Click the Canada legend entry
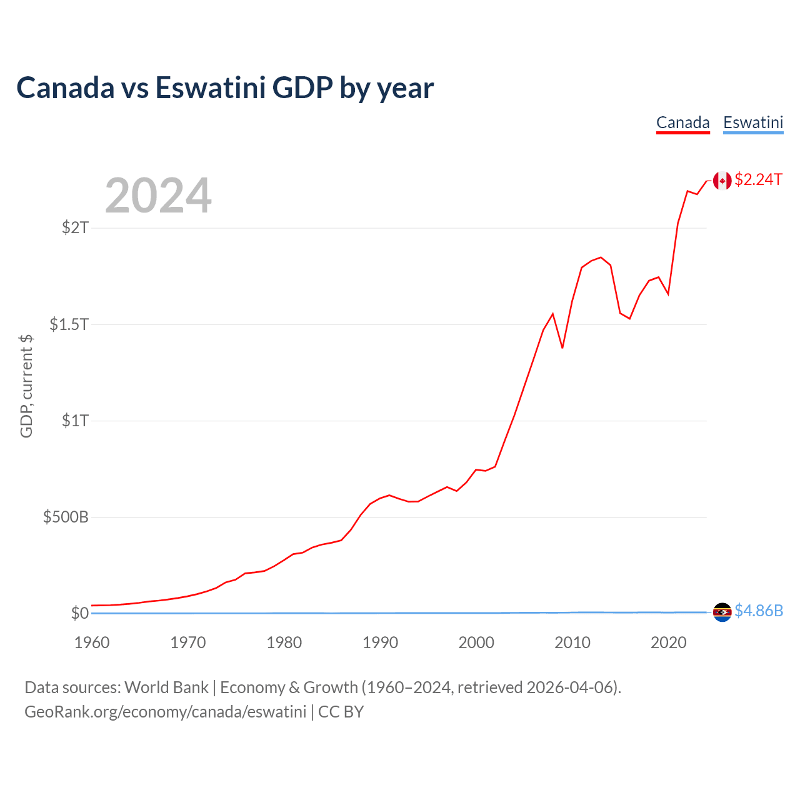click(x=682, y=122)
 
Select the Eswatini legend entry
click(x=753, y=122)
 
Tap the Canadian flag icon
click(x=722, y=181)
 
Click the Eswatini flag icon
click(x=722, y=612)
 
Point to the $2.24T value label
click(x=758, y=180)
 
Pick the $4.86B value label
click(x=758, y=611)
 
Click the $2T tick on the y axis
click(x=75, y=227)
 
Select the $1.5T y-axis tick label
click(x=69, y=324)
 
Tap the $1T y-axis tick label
click(x=75, y=421)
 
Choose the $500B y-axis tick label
click(x=66, y=517)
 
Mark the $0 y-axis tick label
click(x=79, y=613)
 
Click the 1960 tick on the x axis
click(x=92, y=642)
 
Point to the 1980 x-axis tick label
click(x=284, y=642)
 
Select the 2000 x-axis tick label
click(x=476, y=642)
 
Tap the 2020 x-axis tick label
click(x=669, y=642)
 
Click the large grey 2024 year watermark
click(x=158, y=196)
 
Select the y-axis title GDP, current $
click(x=26, y=386)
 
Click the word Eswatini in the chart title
click(x=211, y=87)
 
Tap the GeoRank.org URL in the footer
click(x=165, y=712)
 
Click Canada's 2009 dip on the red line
click(x=562, y=347)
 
